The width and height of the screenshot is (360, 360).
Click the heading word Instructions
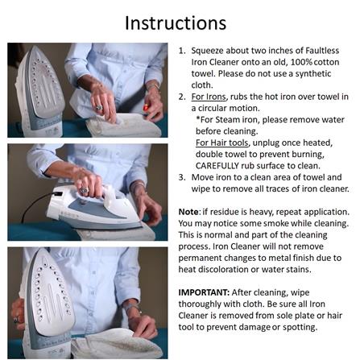176,23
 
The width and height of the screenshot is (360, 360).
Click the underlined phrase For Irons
209,97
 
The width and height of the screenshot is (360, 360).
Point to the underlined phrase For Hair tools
221,143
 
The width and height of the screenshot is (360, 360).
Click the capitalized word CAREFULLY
217,166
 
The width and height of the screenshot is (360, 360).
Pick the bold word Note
188,212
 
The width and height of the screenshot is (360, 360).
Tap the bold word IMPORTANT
204,292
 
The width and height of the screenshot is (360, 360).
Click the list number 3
182,177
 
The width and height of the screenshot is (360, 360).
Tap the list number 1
182,51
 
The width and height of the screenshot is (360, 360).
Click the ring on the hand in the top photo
99,108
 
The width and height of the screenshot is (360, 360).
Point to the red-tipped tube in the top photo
146,108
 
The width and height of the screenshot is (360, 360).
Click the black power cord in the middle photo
35,206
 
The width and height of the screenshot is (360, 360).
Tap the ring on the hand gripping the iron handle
85,191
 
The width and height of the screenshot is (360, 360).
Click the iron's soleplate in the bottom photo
51,293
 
